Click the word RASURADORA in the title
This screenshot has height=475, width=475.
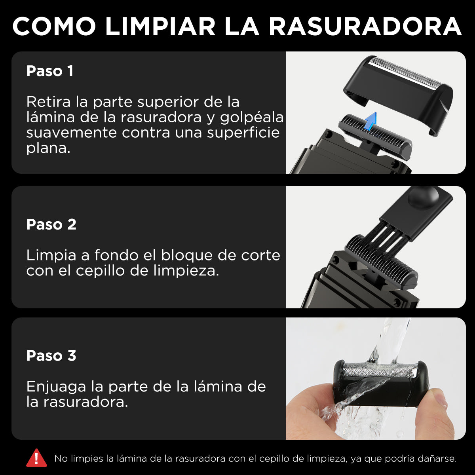[365, 27]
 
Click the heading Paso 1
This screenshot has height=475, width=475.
[50, 71]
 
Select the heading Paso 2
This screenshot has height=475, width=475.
[51, 224]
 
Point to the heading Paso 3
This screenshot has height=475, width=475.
[51, 355]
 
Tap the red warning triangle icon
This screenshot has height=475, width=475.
[36, 458]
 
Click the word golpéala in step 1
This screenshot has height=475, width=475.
[252, 118]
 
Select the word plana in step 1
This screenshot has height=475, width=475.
[48, 149]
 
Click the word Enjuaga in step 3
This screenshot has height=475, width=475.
[56, 386]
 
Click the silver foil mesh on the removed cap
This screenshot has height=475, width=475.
[402, 73]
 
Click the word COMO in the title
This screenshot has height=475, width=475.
[54, 27]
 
